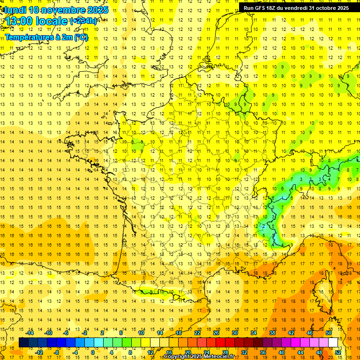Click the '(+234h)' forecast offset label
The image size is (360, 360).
click(83, 21)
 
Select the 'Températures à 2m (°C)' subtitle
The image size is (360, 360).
click(46, 37)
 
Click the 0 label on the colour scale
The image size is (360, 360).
click(93, 352)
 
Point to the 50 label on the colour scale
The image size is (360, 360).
click(329, 333)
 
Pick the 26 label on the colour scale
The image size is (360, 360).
click(216, 333)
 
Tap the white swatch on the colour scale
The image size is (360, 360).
click(333, 343)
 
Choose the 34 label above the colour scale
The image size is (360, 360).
click(254, 333)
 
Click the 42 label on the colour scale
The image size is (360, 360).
click(291, 333)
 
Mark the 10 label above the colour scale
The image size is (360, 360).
click(141, 333)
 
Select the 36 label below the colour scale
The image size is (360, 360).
click(263, 352)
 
